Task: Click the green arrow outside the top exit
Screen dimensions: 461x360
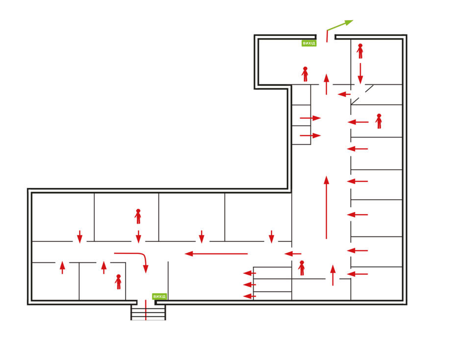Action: [339, 26]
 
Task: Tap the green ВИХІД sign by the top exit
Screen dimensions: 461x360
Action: [309, 43]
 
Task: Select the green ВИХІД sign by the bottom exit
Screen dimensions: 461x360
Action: [159, 296]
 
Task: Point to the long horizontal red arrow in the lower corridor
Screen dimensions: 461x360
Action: [216, 254]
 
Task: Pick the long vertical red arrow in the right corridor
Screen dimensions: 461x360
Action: [326, 207]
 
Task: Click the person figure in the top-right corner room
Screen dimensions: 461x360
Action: [360, 51]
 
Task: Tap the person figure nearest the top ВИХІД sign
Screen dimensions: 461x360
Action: [305, 74]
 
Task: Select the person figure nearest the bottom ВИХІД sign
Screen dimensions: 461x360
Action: [118, 282]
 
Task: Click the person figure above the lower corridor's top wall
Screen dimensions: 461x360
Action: [138, 216]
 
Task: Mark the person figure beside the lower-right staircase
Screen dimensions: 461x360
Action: [302, 268]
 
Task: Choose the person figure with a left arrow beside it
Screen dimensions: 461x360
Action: [379, 121]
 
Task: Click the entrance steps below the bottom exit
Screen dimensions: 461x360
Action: [148, 312]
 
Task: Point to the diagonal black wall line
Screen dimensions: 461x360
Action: [362, 95]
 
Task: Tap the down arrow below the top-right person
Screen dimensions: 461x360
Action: [360, 73]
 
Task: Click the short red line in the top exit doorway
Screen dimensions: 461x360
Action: [327, 36]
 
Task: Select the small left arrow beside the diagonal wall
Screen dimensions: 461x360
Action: [344, 94]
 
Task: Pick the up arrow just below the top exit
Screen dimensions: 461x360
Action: [326, 84]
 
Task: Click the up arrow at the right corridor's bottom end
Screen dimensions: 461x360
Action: [333, 275]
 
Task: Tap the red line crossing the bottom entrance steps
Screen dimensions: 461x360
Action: [146, 310]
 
